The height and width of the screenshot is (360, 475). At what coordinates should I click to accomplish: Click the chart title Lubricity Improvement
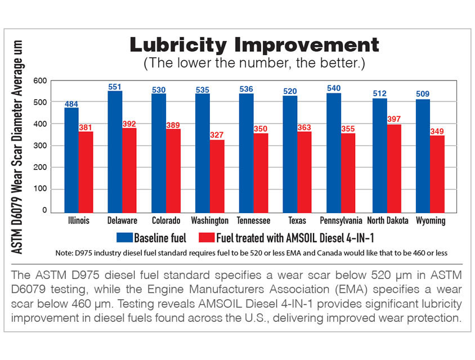[254, 44]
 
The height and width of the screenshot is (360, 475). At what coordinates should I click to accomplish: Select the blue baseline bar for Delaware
[115, 152]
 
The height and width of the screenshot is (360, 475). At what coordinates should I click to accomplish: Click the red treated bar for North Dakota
[393, 169]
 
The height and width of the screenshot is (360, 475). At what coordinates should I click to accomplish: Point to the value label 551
[115, 87]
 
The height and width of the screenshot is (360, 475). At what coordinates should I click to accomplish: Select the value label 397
[394, 119]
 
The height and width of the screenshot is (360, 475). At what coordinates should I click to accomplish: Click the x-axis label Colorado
[166, 220]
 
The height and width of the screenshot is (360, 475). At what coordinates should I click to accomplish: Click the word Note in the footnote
[66, 253]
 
